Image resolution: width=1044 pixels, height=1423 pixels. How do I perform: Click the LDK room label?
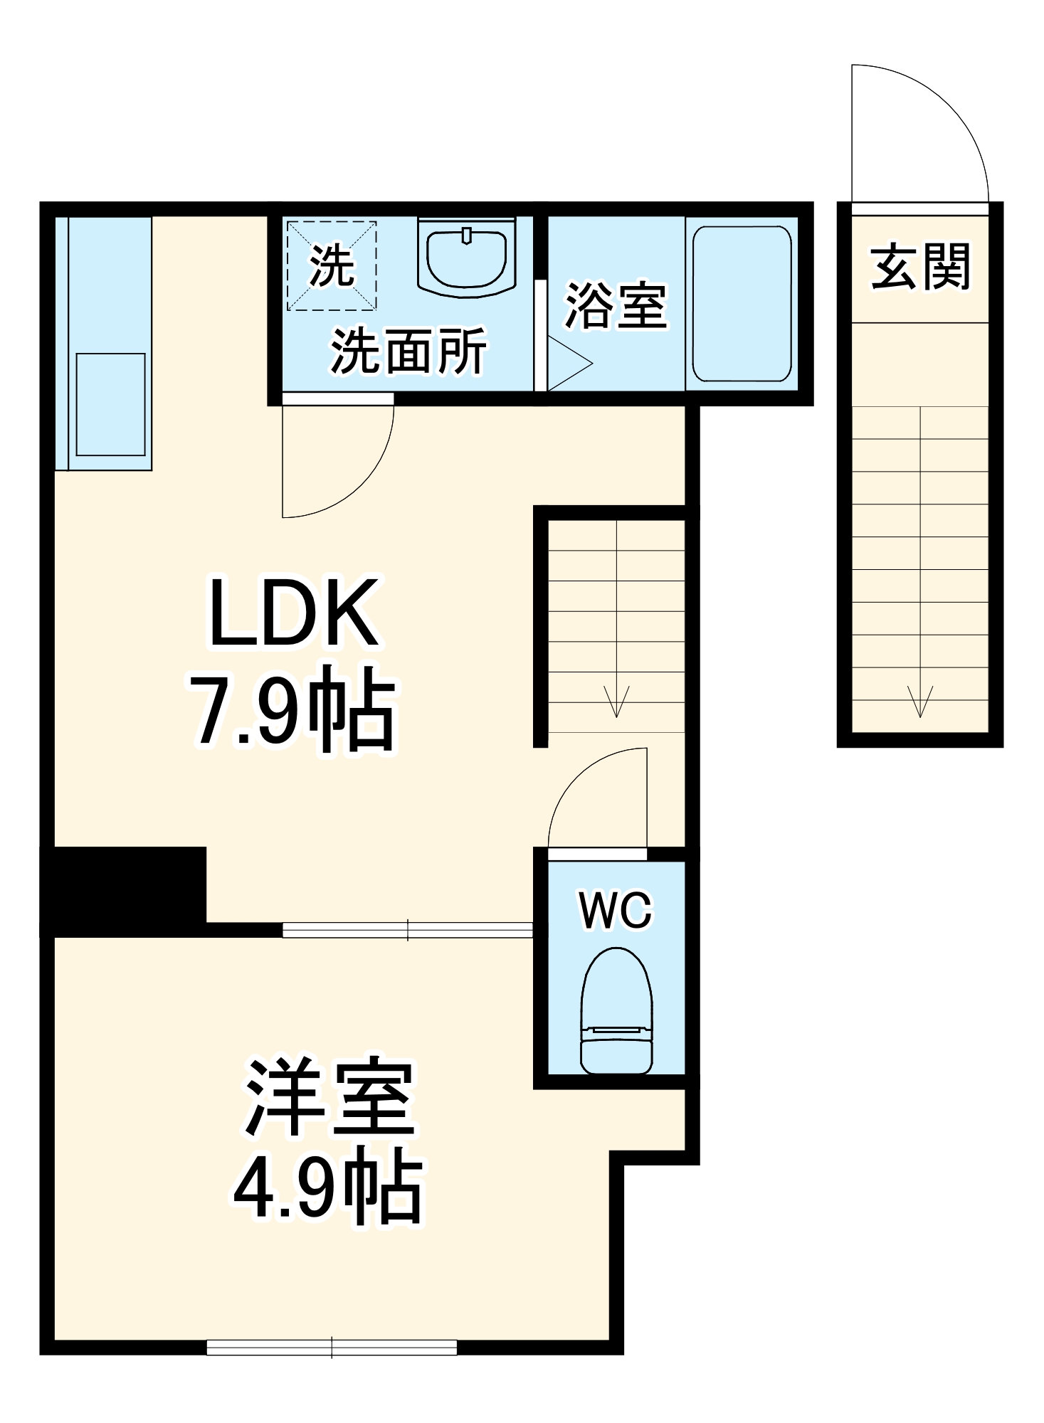(x=293, y=613)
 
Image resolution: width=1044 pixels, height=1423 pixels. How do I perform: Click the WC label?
(x=616, y=910)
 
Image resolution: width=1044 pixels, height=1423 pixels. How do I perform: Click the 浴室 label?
(x=616, y=306)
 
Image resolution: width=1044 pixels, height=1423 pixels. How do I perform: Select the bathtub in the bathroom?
(x=742, y=304)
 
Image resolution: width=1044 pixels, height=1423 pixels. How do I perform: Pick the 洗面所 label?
(x=408, y=351)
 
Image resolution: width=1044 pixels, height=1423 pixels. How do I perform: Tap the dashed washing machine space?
(x=332, y=265)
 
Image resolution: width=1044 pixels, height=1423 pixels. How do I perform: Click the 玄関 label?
(x=920, y=267)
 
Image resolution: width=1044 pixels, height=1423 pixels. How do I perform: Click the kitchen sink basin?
(x=110, y=404)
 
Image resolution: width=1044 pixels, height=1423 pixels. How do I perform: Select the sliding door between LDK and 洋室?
(x=407, y=929)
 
